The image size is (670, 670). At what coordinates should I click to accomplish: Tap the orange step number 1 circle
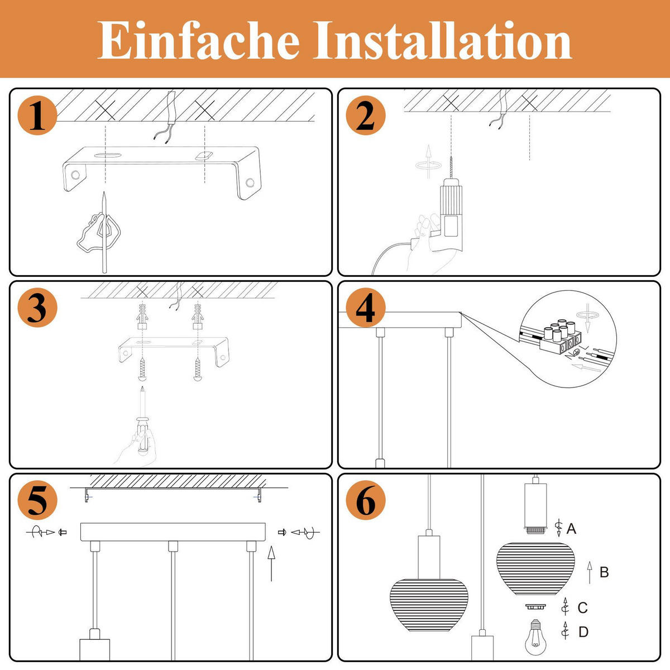[x=37, y=117]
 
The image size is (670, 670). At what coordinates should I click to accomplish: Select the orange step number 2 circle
[x=365, y=117]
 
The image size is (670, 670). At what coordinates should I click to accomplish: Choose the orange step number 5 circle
[x=37, y=501]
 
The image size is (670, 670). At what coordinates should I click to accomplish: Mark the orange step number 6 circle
[x=365, y=501]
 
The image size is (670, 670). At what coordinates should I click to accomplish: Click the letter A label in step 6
[x=571, y=528]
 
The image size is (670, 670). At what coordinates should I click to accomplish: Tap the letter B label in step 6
[x=604, y=572]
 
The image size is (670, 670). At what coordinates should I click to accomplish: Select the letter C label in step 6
[x=582, y=607]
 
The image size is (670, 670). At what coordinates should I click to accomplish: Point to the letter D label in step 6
[x=583, y=632]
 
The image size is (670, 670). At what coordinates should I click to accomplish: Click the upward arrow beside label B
[x=589, y=573]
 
